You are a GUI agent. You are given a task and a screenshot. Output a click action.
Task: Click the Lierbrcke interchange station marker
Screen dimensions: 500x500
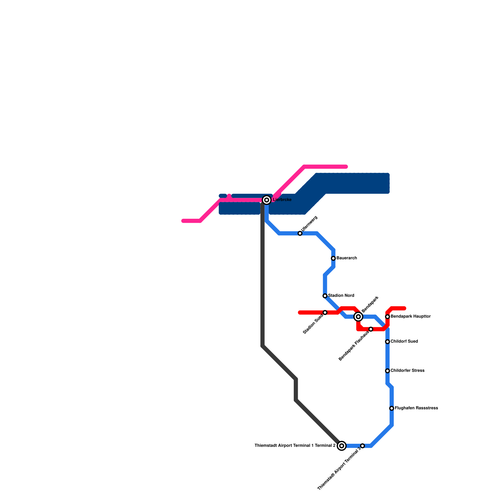pos(267,200)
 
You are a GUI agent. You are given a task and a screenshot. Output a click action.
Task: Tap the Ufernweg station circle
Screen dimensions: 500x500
pos(300,233)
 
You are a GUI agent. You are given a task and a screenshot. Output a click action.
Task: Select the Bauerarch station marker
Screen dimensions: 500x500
pos(333,258)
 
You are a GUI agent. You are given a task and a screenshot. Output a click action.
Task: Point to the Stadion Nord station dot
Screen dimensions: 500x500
pos(325,296)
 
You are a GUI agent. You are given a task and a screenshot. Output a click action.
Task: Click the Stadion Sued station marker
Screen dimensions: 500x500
pos(325,312)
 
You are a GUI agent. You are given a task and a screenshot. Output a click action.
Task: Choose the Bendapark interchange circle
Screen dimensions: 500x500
pos(358,317)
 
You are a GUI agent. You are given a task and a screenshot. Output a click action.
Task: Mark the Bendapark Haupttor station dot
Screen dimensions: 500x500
pos(387,317)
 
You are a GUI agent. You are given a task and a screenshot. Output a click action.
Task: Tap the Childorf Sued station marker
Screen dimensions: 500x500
pos(387,342)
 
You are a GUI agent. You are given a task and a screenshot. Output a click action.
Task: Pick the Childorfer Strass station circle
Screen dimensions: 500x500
pos(387,371)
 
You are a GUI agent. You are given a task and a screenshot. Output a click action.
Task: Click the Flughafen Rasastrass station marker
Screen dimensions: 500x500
pos(392,408)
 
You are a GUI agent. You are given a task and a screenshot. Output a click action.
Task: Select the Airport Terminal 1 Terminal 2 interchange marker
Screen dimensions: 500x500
pos(342,446)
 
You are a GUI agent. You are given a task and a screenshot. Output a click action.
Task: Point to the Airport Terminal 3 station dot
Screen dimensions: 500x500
pos(362,446)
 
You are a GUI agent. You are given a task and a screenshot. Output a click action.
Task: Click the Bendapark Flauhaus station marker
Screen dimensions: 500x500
pos(371,329)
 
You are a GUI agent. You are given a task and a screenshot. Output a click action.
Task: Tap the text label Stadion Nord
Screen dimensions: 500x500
pos(341,296)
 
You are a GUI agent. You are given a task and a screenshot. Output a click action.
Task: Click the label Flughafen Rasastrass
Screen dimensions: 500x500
pos(416,408)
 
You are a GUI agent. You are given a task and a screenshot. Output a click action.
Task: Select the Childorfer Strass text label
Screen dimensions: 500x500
pos(407,371)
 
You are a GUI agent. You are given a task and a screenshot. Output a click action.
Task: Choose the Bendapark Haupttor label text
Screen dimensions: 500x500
pos(411,317)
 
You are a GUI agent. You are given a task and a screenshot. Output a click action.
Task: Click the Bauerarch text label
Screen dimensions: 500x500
pos(347,258)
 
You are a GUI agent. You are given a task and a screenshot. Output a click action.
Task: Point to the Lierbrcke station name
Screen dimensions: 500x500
pos(282,200)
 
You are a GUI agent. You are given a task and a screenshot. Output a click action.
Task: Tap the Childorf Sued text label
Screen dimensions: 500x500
pos(404,342)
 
